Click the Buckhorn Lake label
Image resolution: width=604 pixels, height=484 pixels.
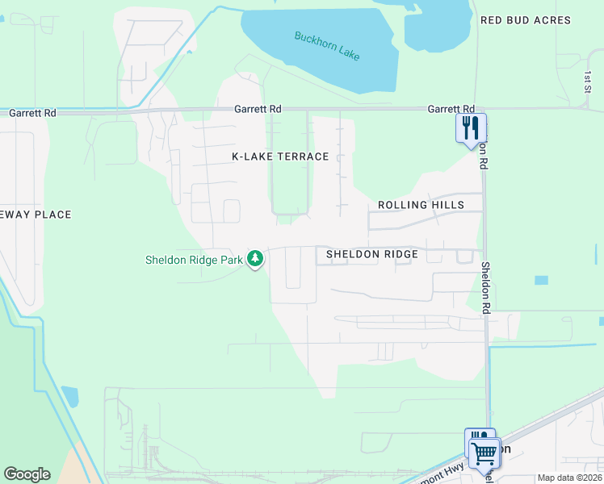[x=327, y=46]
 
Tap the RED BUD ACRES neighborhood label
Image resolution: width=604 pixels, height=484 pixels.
[x=525, y=20]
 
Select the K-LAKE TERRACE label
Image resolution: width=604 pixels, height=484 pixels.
[x=280, y=156]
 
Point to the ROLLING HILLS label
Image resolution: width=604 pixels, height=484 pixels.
[x=421, y=205]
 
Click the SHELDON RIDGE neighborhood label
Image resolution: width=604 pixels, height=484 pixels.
[x=371, y=254]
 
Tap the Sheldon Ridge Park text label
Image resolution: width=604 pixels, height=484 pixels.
[x=194, y=260]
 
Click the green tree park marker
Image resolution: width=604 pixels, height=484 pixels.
[x=255, y=259]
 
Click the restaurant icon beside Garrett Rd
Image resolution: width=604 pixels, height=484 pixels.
[x=471, y=127]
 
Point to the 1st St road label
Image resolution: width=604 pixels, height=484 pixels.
[x=588, y=80]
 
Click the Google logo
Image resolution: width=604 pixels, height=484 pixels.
[x=27, y=474]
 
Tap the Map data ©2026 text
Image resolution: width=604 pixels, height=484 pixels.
[x=569, y=478]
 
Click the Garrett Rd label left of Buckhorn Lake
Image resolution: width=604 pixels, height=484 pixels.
[x=31, y=114]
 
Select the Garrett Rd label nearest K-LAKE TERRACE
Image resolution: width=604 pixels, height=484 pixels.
[x=258, y=109]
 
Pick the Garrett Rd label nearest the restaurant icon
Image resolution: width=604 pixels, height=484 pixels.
[x=451, y=109]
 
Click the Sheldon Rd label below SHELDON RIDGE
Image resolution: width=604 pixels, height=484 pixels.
[x=487, y=287]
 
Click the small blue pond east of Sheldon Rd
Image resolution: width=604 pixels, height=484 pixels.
[x=541, y=280]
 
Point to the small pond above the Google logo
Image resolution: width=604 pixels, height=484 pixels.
[x=70, y=396]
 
